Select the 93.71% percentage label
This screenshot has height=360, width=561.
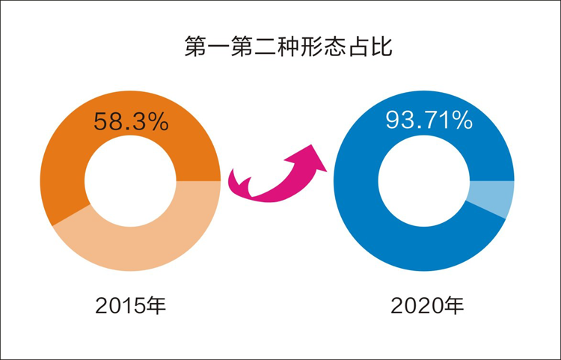click(x=429, y=119)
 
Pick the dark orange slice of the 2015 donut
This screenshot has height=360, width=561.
click(x=67, y=150)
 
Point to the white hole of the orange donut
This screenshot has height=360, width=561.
click(x=130, y=182)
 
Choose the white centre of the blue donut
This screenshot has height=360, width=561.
click(x=423, y=182)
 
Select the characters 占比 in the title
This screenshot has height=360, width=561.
click(x=373, y=46)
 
